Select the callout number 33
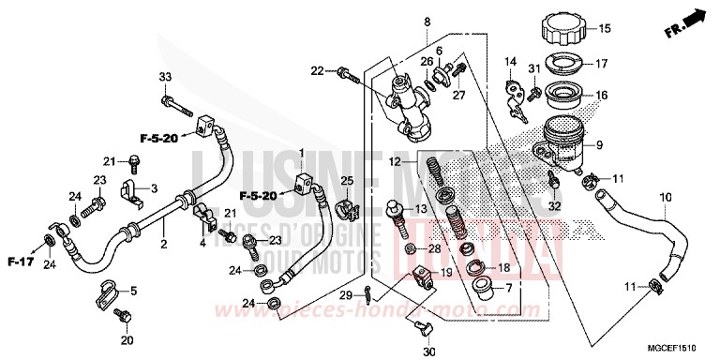[x=165, y=77]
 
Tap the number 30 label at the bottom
[x=429, y=352]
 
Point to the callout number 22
[x=317, y=70]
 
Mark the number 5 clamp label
[x=132, y=290]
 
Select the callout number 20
[x=126, y=339]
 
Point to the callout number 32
[x=554, y=205]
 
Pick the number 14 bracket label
[x=511, y=62]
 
